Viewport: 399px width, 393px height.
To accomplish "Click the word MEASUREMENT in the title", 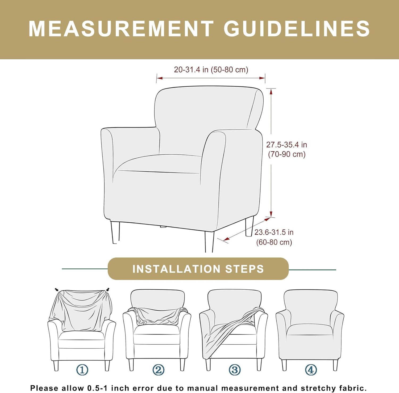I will pyautogui.click(x=121, y=28).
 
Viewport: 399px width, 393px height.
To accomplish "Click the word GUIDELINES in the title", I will pyautogui.click(x=297, y=28).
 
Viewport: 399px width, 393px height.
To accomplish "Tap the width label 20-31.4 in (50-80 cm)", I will pyautogui.click(x=211, y=70).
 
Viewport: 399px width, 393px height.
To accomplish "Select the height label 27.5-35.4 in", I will pyautogui.click(x=287, y=145).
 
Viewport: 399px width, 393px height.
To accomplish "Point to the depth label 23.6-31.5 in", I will pyautogui.click(x=274, y=232).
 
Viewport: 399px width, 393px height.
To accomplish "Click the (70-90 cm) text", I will pyautogui.click(x=287, y=154).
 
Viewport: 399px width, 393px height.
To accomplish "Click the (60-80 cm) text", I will pyautogui.click(x=274, y=242).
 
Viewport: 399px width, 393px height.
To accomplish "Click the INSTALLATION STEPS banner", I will pyautogui.click(x=198, y=269).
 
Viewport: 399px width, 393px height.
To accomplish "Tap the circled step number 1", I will pyautogui.click(x=82, y=370).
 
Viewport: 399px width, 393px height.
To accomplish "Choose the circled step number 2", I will pyautogui.click(x=158, y=370).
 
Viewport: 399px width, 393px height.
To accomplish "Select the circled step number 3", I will pyautogui.click(x=235, y=370).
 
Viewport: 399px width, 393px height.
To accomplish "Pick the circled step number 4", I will pyautogui.click(x=311, y=370).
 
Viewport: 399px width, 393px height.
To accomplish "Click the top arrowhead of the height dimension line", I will pyautogui.click(x=271, y=92).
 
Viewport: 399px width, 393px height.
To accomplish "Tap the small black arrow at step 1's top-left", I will pyautogui.click(x=57, y=290).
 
